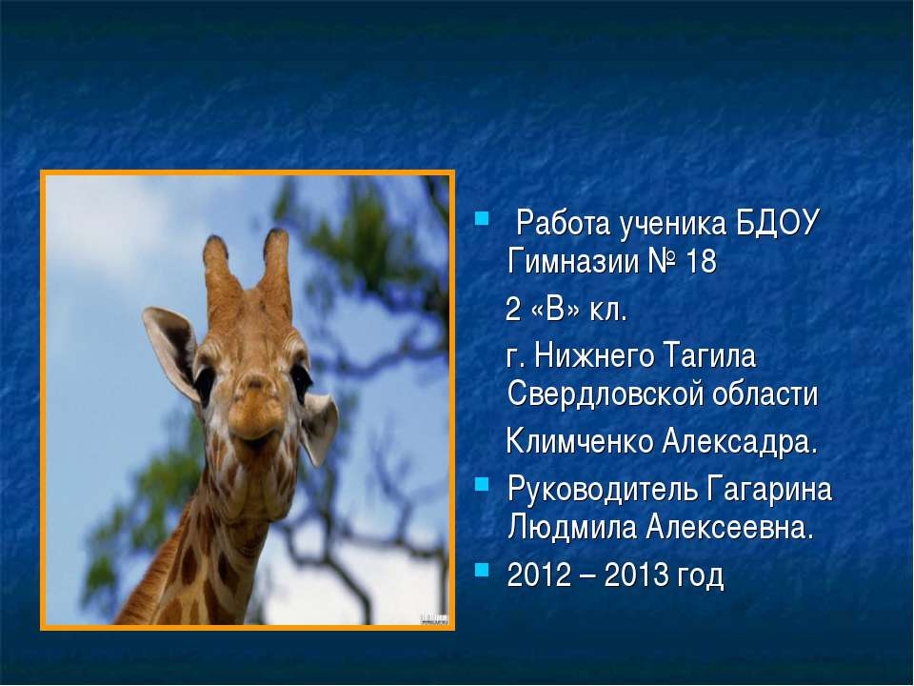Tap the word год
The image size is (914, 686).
[700, 576]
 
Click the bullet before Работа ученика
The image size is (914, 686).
[481, 226]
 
